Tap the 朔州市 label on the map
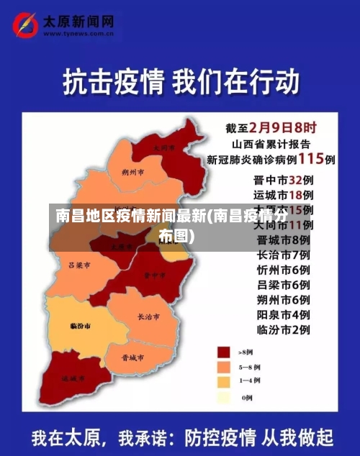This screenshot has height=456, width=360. click(133, 173)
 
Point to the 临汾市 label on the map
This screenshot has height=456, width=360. click(80, 326)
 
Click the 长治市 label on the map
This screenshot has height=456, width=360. click(149, 316)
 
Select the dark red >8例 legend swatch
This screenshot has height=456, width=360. click(224, 352)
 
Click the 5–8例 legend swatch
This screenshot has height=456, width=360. click(224, 366)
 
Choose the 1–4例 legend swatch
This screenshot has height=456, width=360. click(224, 380)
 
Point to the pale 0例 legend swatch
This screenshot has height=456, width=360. click(224, 396)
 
